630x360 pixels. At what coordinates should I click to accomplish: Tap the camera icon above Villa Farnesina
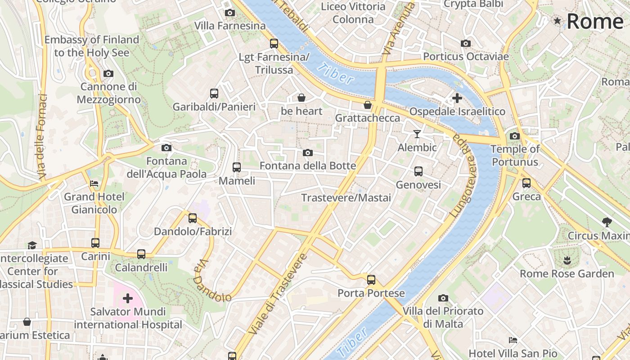click(230, 13)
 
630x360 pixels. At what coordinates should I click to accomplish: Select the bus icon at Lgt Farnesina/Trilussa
click(274, 44)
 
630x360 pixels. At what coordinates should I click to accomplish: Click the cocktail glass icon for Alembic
click(417, 134)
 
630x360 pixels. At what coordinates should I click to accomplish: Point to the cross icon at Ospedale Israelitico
click(457, 98)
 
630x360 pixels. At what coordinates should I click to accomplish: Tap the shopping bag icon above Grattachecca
click(368, 105)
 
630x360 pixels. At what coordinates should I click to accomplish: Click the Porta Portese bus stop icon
click(371, 280)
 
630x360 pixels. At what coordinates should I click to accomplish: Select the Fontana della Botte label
click(308, 166)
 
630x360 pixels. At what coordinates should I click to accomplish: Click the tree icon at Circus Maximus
click(607, 222)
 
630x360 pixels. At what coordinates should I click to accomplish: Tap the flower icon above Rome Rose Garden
click(567, 260)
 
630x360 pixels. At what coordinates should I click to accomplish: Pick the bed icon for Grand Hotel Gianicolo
click(94, 184)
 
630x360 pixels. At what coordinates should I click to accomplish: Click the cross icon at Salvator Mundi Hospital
click(128, 298)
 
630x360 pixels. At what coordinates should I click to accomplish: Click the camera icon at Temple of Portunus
click(515, 136)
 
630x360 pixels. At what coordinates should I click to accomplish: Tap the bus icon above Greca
click(526, 183)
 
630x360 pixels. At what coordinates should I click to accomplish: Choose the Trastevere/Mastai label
click(346, 198)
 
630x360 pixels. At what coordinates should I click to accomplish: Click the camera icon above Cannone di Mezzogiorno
click(108, 73)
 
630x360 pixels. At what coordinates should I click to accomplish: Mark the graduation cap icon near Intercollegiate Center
click(32, 245)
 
